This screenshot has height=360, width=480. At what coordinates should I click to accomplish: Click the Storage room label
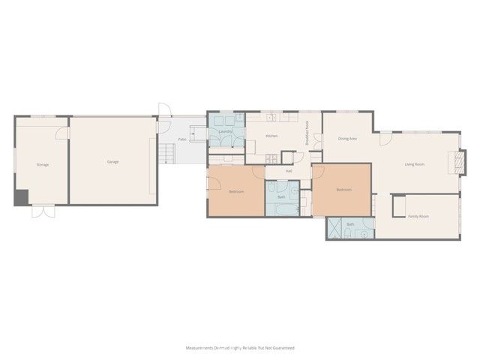tap(43, 164)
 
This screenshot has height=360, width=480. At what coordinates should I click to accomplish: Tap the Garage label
tap(112, 162)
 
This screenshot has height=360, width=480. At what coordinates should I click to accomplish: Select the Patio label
tap(182, 139)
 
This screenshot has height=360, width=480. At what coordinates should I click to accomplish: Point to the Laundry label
tap(226, 131)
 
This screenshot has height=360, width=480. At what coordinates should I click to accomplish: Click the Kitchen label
tap(271, 136)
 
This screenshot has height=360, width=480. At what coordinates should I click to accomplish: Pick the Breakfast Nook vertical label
tap(307, 133)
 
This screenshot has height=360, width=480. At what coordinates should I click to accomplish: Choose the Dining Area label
tap(347, 138)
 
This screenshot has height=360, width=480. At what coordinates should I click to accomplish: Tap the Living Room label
tap(415, 164)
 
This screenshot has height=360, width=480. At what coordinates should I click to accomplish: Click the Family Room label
tap(418, 216)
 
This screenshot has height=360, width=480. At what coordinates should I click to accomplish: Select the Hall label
tap(289, 171)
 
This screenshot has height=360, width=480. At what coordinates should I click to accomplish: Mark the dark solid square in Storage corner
tap(21, 196)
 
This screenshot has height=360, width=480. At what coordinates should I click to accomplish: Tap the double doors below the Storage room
tap(43, 211)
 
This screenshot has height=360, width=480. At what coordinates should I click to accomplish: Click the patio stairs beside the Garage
tap(166, 154)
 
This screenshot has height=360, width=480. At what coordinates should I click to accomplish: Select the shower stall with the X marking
tap(335, 229)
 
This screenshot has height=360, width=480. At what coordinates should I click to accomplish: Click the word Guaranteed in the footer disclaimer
tap(283, 348)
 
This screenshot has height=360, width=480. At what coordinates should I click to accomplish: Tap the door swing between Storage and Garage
tap(61, 133)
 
